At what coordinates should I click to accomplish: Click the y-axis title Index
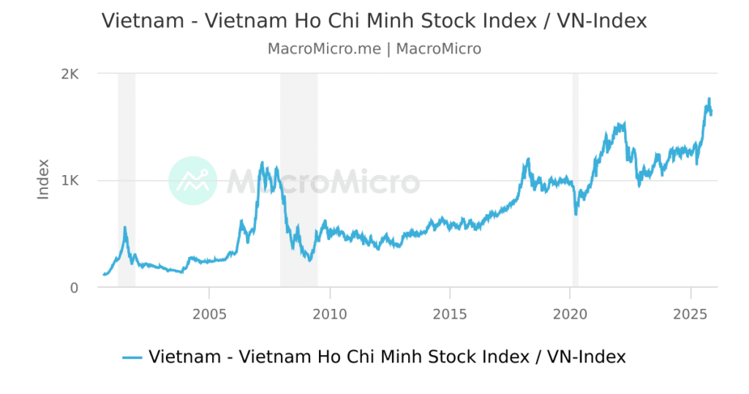(x=44, y=179)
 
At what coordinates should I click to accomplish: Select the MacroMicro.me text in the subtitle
(x=324, y=49)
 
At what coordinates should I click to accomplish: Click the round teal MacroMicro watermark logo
(x=192, y=180)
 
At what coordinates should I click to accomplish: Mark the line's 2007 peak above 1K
(x=263, y=163)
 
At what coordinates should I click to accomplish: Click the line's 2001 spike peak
(x=125, y=227)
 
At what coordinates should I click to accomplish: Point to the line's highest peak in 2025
(x=708, y=99)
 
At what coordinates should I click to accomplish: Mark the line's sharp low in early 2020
(x=576, y=214)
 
